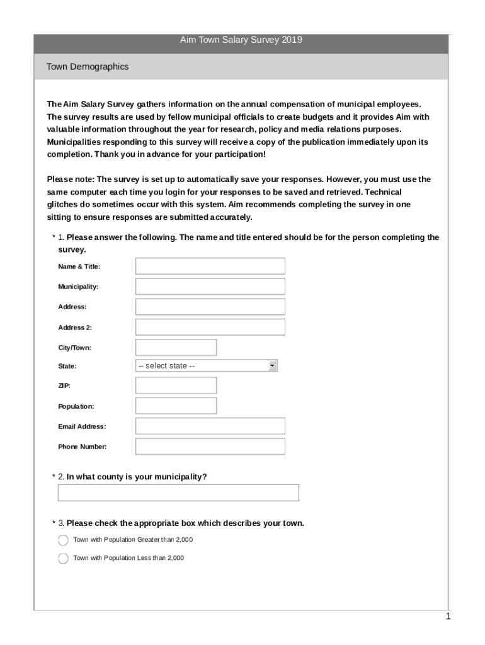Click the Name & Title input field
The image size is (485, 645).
click(x=210, y=266)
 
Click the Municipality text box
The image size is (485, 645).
click(x=210, y=287)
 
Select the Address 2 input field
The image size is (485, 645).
click(x=210, y=327)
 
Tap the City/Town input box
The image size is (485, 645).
click(x=176, y=347)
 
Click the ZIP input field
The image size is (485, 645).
click(x=176, y=385)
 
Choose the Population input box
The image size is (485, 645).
click(x=176, y=406)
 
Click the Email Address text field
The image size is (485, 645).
click(x=210, y=426)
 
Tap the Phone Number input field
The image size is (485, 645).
click(x=210, y=447)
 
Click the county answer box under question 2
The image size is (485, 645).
click(x=178, y=493)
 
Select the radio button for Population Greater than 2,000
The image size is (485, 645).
click(x=63, y=540)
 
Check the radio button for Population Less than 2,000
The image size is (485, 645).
click(x=63, y=558)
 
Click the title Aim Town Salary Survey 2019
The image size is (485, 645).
click(x=241, y=40)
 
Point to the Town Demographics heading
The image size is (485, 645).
click(x=88, y=67)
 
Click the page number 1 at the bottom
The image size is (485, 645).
click(x=448, y=617)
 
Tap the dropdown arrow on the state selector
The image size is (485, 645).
click(x=272, y=366)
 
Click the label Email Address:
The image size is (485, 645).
click(x=82, y=426)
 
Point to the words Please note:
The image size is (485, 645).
click(x=70, y=180)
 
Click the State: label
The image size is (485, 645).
click(x=67, y=366)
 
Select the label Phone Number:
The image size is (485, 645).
click(x=83, y=447)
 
